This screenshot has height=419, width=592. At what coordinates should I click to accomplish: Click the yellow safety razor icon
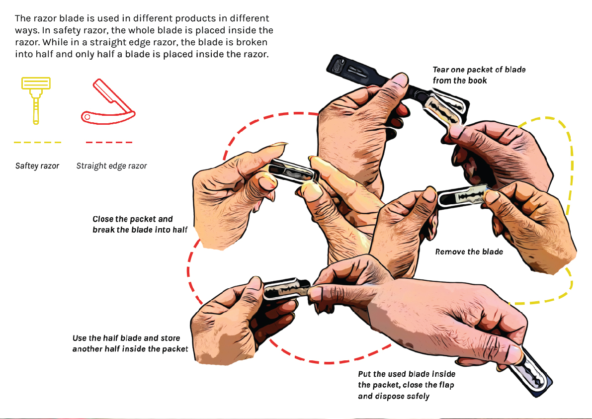click(36, 100)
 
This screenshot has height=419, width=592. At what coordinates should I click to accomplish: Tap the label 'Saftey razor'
click(37, 166)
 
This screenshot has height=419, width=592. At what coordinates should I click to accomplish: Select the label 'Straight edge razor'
click(111, 166)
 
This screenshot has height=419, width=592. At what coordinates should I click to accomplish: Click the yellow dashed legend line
click(37, 142)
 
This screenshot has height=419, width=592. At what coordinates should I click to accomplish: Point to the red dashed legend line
click(109, 142)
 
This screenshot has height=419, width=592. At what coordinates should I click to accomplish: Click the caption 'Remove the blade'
click(469, 252)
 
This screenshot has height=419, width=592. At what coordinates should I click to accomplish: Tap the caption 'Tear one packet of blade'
click(479, 70)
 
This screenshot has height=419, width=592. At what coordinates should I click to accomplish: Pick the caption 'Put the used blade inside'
click(407, 374)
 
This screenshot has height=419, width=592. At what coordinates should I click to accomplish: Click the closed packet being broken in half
click(293, 171)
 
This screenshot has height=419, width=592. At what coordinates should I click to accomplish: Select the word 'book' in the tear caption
click(478, 81)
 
